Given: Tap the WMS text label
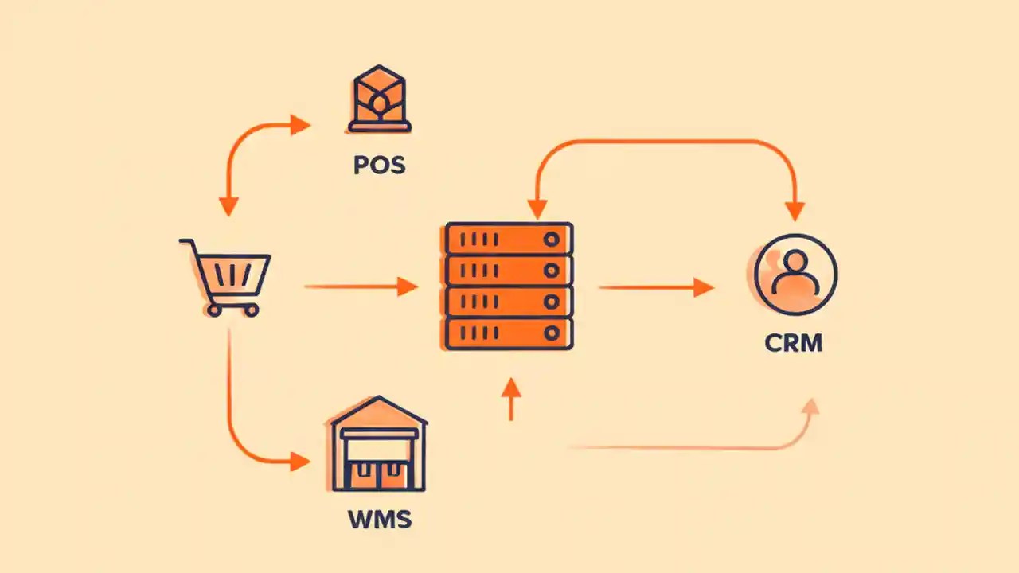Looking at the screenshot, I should pos(379,520).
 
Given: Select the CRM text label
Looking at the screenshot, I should pos(793,343).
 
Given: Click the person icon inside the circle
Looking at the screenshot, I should pos(795,274).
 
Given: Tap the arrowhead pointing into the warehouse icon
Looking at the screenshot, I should pos(301,462).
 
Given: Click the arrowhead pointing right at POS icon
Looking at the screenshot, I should pos(300,124).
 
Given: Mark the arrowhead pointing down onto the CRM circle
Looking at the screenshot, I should pos(795,211).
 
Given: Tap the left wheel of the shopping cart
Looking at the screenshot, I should pos(213,310).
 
